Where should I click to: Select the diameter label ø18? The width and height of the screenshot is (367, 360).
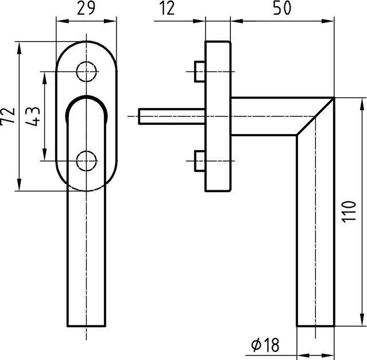click(x=265, y=344)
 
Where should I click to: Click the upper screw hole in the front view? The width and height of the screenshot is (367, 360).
click(x=86, y=71)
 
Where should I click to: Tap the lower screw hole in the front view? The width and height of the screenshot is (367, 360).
click(x=86, y=160)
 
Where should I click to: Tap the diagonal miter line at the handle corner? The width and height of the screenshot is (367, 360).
click(x=315, y=117)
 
